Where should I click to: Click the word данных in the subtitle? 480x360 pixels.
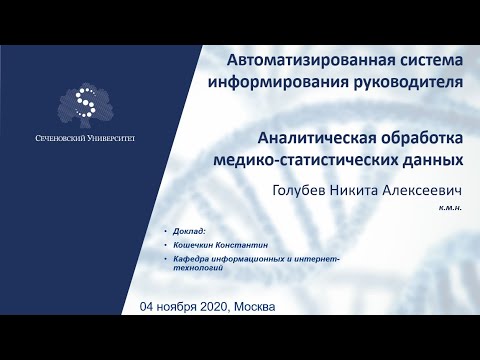430,158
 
